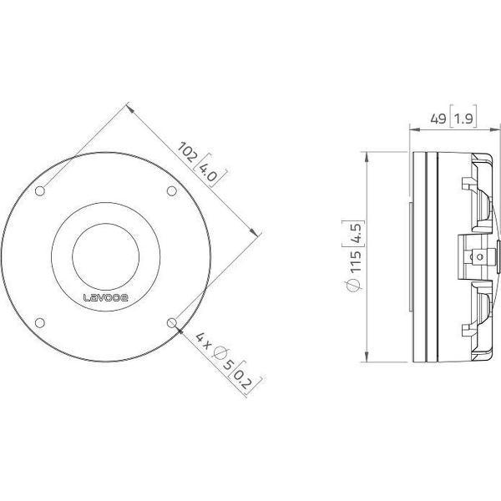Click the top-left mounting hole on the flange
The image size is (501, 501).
click(x=40, y=191)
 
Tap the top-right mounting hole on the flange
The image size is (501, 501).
click(x=171, y=191)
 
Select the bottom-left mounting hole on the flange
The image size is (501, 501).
click(x=40, y=322)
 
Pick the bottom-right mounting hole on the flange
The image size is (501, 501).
click(x=171, y=322)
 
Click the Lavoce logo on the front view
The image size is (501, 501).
click(x=105, y=297)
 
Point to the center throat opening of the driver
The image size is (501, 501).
click(x=105, y=256)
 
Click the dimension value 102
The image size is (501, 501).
click(x=189, y=154)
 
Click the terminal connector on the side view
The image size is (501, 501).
click(x=477, y=256)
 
